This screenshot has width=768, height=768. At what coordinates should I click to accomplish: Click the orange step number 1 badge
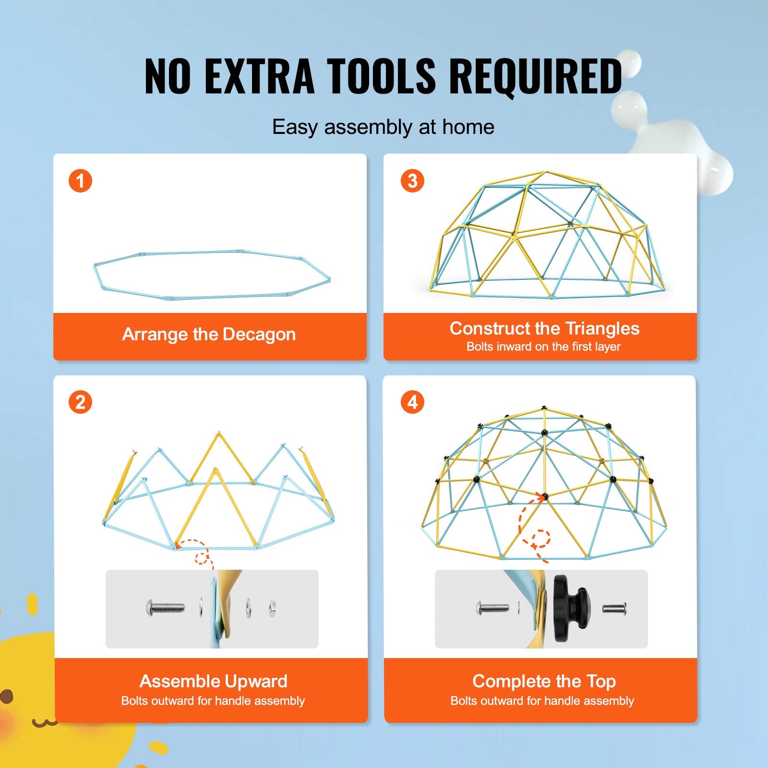click(x=80, y=181)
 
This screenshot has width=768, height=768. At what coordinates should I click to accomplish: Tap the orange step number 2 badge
click(x=80, y=402)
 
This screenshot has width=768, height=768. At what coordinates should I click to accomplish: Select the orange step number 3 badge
click(x=412, y=181)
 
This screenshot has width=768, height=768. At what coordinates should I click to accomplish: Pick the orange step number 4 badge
click(x=412, y=402)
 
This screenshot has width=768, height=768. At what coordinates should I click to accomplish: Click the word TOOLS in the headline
click(x=382, y=76)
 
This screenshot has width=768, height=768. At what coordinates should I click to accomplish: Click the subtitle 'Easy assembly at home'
click(x=383, y=127)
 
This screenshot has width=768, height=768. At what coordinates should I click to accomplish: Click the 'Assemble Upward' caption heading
click(x=213, y=681)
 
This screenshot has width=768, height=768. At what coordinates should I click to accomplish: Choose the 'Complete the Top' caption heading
click(x=544, y=681)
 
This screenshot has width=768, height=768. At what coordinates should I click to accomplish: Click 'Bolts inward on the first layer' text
click(x=543, y=347)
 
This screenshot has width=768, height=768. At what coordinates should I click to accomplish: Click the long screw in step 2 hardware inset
click(x=165, y=609)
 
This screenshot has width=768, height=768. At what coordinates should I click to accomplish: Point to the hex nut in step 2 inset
click(x=272, y=608)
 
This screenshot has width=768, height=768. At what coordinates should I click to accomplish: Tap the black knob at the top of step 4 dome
click(x=544, y=408)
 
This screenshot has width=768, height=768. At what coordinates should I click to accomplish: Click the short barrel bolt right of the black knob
click(x=614, y=609)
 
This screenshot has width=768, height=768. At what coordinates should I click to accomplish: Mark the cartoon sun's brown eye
click(x=6, y=696)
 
